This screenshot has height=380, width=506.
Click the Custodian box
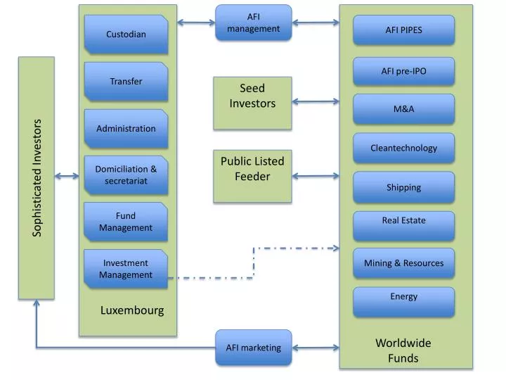pos(126,34)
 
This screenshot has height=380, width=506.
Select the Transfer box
pos(126,82)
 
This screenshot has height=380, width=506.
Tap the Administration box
pos(126,129)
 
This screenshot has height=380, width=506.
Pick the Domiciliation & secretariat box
pos(126,175)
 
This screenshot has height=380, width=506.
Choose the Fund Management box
pos(126,222)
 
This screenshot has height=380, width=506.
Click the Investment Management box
pos(126,269)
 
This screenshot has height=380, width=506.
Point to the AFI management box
pos(253,23)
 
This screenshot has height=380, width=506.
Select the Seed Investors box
pos(252,103)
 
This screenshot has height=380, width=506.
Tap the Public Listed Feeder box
pos(252,176)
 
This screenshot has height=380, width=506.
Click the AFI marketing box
pos(253,347)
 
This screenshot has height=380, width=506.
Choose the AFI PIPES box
pos(403,30)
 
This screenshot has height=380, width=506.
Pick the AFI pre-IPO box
pos(403,71)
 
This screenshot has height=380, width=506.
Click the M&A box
pos(403,109)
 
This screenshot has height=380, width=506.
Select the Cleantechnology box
pos(403,148)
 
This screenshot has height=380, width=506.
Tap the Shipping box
pos(403,187)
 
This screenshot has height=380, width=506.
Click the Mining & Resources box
pos(403,263)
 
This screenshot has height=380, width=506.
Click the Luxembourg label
pos(132,310)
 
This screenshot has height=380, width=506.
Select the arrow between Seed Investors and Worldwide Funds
pos(316,102)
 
